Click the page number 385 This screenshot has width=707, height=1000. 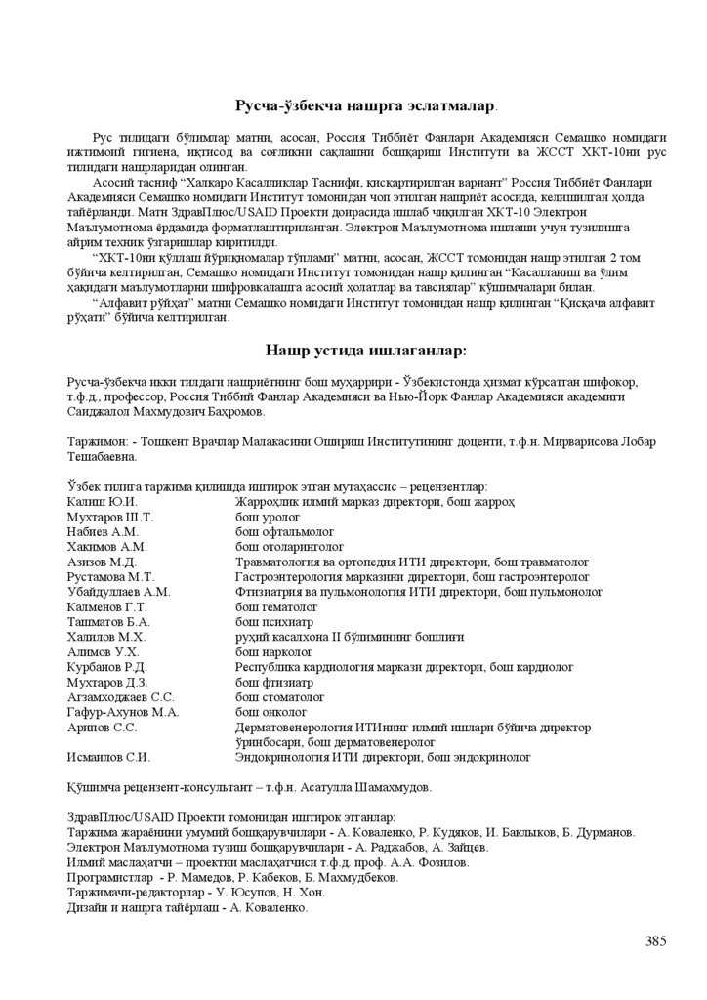[655, 941]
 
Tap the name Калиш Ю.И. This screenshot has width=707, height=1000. [94, 501]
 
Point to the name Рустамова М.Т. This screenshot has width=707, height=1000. [105, 577]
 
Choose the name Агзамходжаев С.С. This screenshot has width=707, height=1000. [120, 697]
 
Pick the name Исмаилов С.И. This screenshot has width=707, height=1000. [108, 757]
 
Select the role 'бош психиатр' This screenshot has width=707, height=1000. [274, 621]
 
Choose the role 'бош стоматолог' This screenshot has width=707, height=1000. [280, 697]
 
